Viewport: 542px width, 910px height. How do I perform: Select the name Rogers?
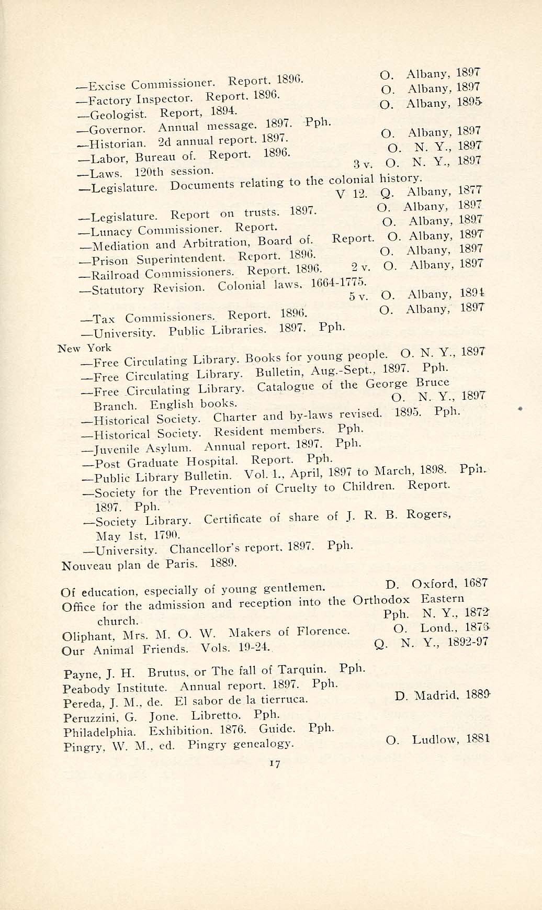click(x=430, y=514)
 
